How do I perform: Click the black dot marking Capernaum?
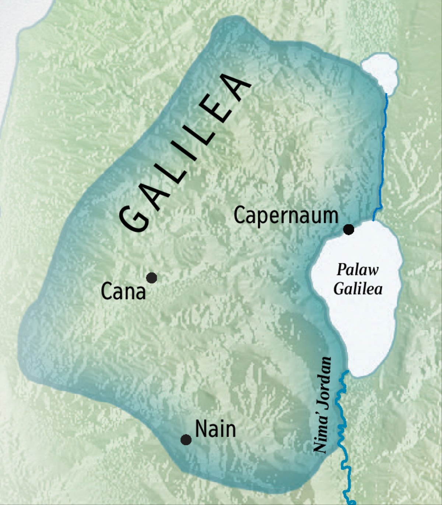coord(348,230)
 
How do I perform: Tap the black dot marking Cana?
coord(151,278)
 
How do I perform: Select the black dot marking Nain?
coord(186,440)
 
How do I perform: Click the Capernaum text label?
coord(286,216)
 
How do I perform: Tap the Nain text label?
coord(215,429)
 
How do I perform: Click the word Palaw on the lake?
coord(357,270)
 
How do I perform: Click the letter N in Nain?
coord(201,429)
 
